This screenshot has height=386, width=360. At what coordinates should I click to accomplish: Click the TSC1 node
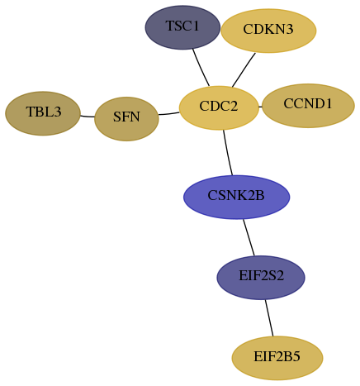pyautogui.click(x=182, y=27)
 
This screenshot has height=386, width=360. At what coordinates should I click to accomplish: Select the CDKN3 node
pyautogui.click(x=268, y=31)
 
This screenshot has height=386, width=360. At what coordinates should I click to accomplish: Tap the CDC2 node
pyautogui.click(x=219, y=107)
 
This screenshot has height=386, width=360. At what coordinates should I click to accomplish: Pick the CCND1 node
pyautogui.click(x=308, y=106)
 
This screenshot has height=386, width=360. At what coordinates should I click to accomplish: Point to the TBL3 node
pyautogui.click(x=43, y=113)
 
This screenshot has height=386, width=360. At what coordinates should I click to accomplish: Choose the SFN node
pyautogui.click(x=126, y=119)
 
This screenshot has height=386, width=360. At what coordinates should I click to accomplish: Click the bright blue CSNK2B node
pyautogui.click(x=236, y=197)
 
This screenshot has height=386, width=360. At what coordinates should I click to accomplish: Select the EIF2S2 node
pyautogui.click(x=261, y=278)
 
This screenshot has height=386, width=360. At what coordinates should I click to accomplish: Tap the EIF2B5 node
pyautogui.click(x=277, y=358)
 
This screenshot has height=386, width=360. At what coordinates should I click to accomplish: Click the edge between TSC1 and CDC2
pyautogui.click(x=201, y=68)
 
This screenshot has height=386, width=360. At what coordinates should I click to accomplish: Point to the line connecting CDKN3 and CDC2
pyautogui.click(x=244, y=69)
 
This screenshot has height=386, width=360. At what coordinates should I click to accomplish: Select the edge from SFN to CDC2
pyautogui.click(x=169, y=113)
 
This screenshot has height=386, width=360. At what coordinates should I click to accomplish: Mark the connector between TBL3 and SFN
pyautogui.click(x=88, y=117)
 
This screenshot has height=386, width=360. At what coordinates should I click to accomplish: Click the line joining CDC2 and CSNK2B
pyautogui.click(x=227, y=153)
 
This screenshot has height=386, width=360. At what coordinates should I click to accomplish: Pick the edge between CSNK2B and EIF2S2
pyautogui.click(x=249, y=237)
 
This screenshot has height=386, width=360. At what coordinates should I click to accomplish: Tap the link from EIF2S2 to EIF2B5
pyautogui.click(x=269, y=318)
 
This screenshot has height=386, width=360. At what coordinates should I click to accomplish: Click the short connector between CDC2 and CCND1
pyautogui.click(x=260, y=107)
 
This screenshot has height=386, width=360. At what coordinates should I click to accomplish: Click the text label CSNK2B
pyautogui.click(x=236, y=196)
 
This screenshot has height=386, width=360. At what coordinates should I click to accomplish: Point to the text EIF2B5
pyautogui.click(x=277, y=356)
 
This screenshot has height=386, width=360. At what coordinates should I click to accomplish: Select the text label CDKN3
pyautogui.click(x=268, y=29)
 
